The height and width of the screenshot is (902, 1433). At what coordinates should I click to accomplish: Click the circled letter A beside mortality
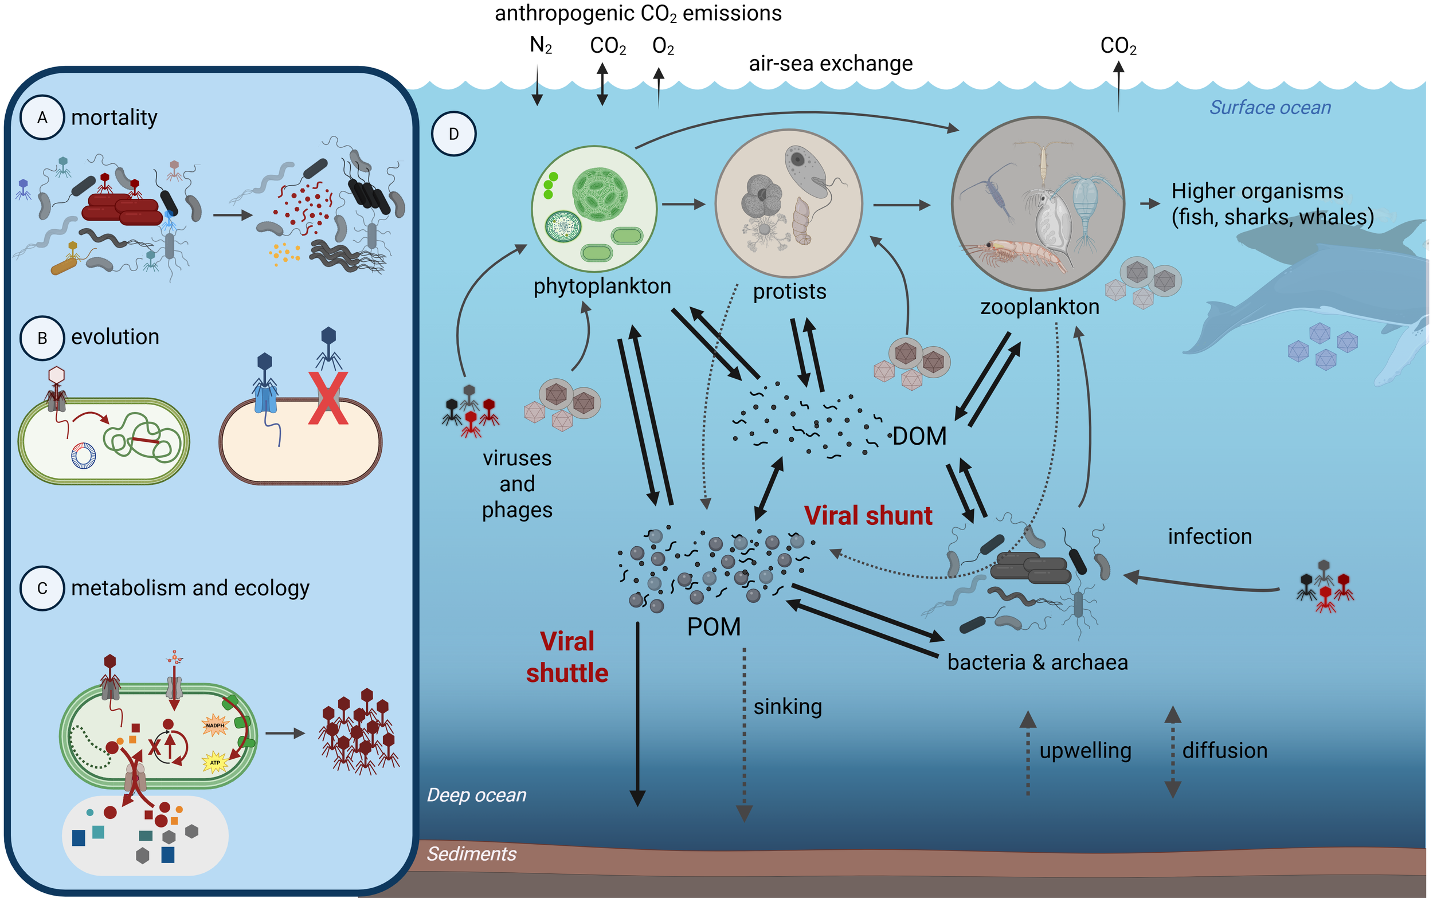click(x=42, y=117)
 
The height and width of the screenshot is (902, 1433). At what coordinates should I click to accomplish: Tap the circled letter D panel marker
click(x=453, y=134)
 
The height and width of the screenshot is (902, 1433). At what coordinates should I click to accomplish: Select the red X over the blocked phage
click(x=328, y=398)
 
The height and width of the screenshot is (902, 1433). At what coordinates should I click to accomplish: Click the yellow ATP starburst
click(x=215, y=762)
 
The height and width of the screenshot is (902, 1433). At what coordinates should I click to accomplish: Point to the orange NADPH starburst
click(x=215, y=725)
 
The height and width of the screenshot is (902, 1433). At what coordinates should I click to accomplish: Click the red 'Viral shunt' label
click(x=868, y=515)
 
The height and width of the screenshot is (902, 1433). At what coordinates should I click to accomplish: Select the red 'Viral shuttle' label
click(x=566, y=657)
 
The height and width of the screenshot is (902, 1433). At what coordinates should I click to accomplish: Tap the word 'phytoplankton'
click(x=602, y=286)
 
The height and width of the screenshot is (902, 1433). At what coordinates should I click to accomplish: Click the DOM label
click(x=919, y=436)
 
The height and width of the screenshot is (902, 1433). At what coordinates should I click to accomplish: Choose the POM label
click(x=714, y=627)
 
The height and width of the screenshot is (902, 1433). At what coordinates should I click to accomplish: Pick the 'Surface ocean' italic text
click(x=1270, y=107)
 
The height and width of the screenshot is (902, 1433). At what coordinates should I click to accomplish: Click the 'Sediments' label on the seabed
click(x=471, y=854)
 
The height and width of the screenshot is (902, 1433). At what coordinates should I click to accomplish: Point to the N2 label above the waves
click(x=541, y=45)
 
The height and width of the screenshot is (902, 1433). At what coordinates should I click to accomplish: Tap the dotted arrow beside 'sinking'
click(x=744, y=732)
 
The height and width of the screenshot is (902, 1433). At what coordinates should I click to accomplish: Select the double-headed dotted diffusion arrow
click(x=1172, y=751)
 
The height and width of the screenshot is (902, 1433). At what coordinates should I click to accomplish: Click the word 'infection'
click(x=1209, y=537)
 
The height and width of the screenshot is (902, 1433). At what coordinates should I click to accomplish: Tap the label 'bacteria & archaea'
click(x=1037, y=662)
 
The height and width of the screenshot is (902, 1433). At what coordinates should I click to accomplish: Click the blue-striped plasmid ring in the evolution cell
click(x=83, y=456)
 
